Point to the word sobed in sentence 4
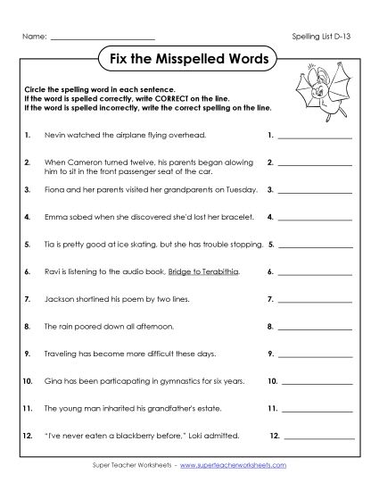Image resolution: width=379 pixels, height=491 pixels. (x=82, y=216)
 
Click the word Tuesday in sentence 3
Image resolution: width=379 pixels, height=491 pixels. (x=242, y=190)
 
